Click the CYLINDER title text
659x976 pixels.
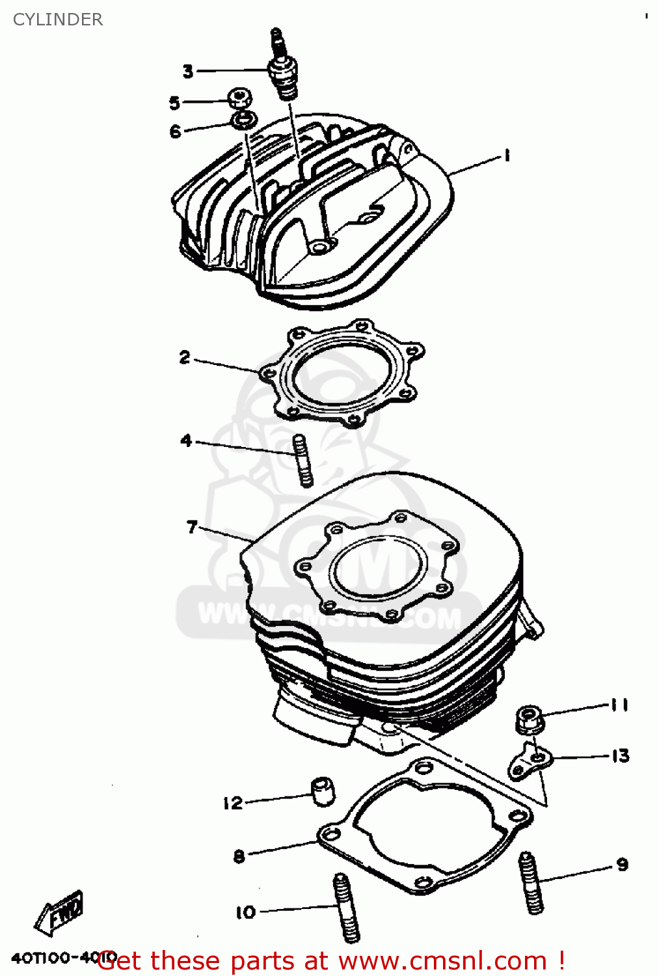58,20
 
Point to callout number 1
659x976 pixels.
506,156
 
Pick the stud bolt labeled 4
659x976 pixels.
303,460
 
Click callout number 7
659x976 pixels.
191,526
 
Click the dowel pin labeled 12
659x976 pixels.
322,791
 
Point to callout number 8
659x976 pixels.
239,856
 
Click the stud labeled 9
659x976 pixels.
531,883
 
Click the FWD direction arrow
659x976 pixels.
60,912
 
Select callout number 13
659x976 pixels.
620,755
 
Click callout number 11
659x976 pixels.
619,705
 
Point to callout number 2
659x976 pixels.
185,357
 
